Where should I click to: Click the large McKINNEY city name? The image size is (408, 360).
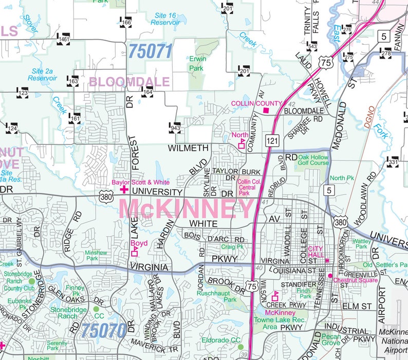click(187, 209)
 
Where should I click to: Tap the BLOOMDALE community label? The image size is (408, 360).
click(129, 82)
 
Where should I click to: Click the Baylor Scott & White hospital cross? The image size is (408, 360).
click(124, 190)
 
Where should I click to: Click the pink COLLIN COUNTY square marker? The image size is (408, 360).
click(266, 110)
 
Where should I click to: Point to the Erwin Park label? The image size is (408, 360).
click(197, 63)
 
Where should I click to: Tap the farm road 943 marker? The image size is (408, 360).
click(175, 127)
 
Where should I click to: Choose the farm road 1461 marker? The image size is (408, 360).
click(64, 39)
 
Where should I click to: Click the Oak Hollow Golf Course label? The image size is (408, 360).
click(313, 160)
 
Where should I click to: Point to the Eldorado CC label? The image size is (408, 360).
click(220, 340)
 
